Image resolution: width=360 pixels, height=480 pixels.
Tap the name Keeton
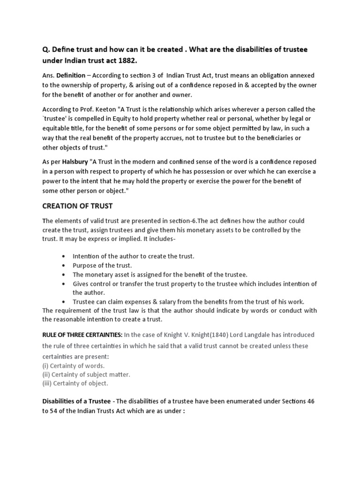click(x=93, y=109)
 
